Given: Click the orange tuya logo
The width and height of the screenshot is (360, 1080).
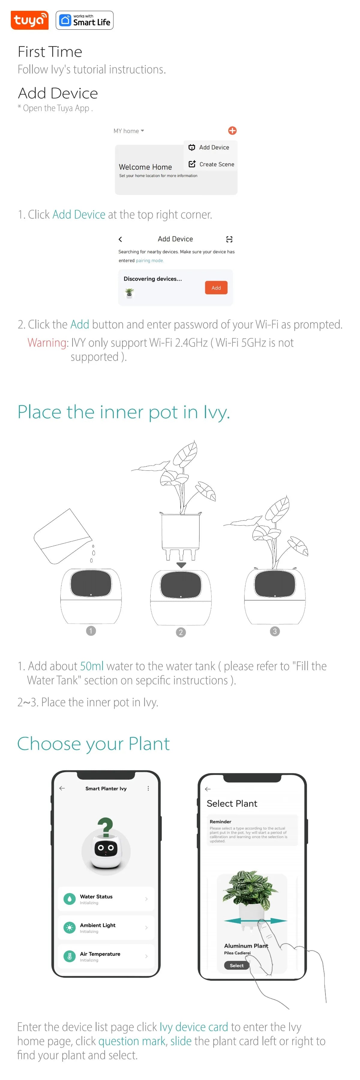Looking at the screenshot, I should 29,20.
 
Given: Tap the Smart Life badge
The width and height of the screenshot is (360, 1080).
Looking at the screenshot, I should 85,20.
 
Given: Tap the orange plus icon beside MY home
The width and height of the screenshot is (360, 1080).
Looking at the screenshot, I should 232,130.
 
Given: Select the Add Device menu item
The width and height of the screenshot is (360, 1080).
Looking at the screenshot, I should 209,147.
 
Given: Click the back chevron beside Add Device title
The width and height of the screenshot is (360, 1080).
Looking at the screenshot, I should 120,239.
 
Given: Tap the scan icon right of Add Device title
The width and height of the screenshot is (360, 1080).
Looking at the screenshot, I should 229,239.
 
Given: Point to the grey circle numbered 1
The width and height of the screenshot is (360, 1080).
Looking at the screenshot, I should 91,631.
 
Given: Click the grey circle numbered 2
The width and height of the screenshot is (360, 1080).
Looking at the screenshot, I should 181,632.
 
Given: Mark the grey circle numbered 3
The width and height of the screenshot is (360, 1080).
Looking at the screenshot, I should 274,631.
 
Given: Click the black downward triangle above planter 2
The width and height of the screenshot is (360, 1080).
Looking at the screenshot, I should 181,565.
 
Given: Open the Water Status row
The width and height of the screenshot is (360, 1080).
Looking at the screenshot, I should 106,899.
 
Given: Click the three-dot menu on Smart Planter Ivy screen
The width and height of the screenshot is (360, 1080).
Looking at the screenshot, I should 148,788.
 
